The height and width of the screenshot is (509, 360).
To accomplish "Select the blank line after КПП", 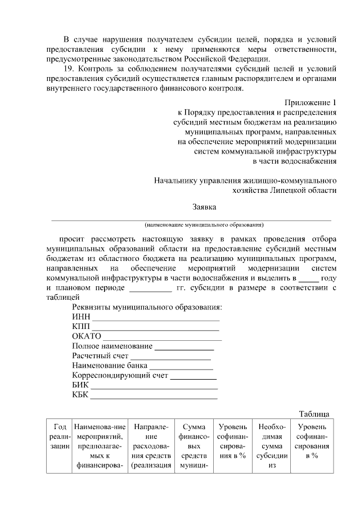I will pyautogui.click(x=155, y=328).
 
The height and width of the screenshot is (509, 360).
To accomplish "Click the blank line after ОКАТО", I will pyautogui.click(x=163, y=338).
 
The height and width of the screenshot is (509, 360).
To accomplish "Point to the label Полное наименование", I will pyautogui.click(x=112, y=345).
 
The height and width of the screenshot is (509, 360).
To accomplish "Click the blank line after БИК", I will pyautogui.click(x=155, y=387).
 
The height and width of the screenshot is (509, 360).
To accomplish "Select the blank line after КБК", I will pyautogui.click(x=154, y=397).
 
